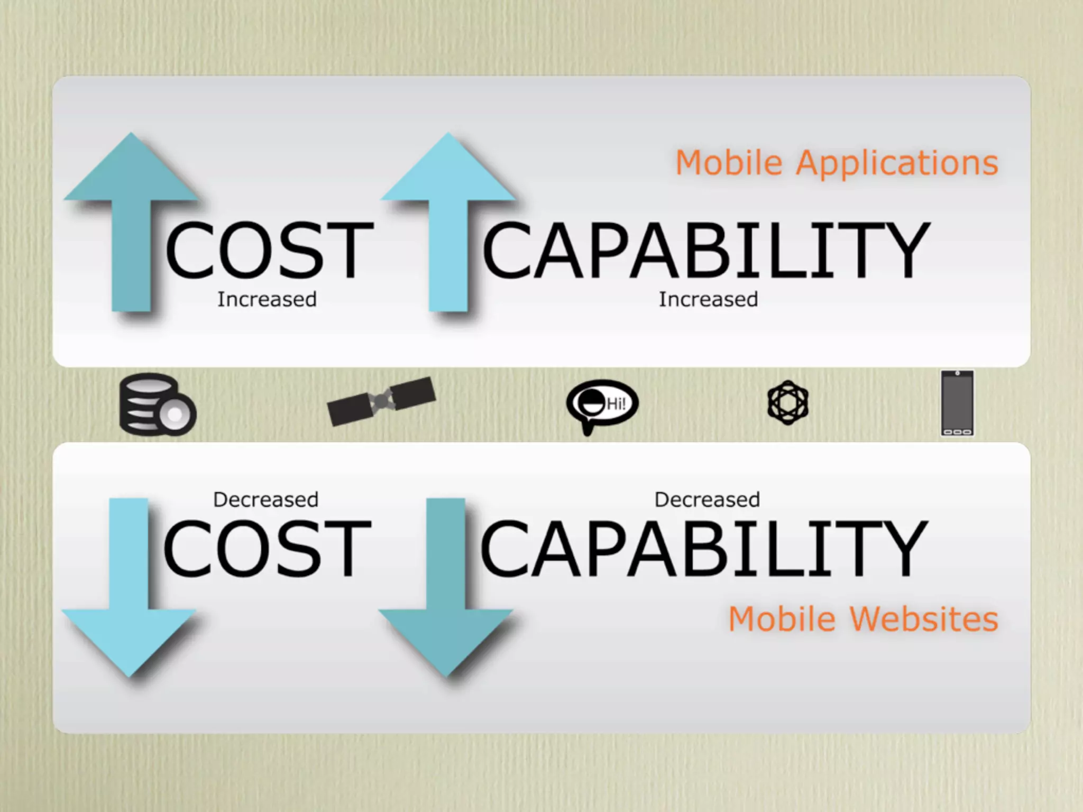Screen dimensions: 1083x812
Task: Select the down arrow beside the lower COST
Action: pos(129,592)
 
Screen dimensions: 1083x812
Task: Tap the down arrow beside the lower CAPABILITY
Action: pos(446,592)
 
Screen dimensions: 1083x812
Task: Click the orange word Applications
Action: pos(897,163)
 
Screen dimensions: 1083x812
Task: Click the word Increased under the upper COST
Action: pos(267,300)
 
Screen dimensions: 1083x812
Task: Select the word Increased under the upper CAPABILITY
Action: pos(708,300)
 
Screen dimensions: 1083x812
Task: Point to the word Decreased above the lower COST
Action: pos(265,500)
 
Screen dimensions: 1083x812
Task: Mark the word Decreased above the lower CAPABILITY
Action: pos(707,500)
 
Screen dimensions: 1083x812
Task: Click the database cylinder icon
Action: pos(157,405)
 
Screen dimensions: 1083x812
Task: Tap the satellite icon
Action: pos(381,401)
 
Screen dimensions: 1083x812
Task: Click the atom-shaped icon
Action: pos(787,403)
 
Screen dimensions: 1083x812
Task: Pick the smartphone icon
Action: pos(957,403)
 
